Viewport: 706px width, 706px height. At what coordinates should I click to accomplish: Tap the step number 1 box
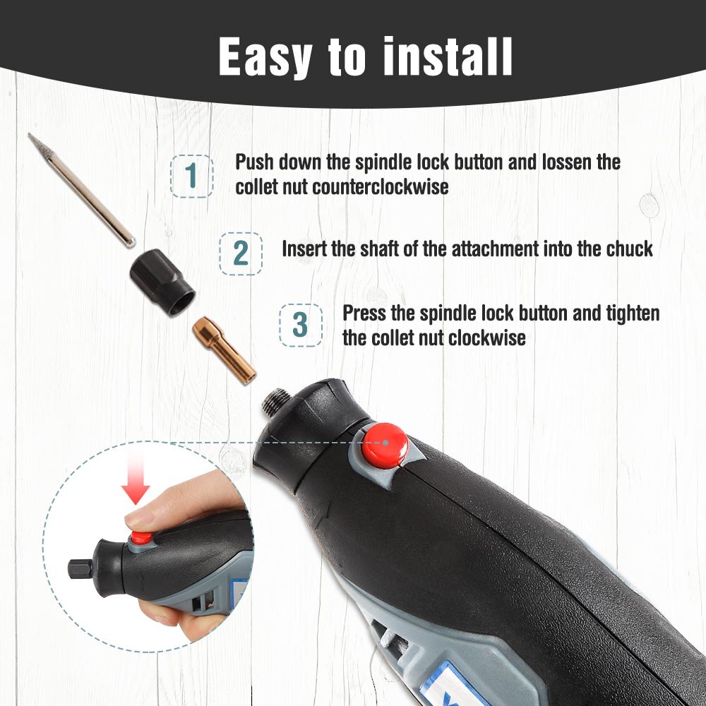point(191,176)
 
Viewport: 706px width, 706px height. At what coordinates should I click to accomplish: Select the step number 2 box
point(240,253)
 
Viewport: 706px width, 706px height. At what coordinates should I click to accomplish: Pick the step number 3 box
point(301,325)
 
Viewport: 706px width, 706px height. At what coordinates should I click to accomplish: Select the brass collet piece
point(222,350)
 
